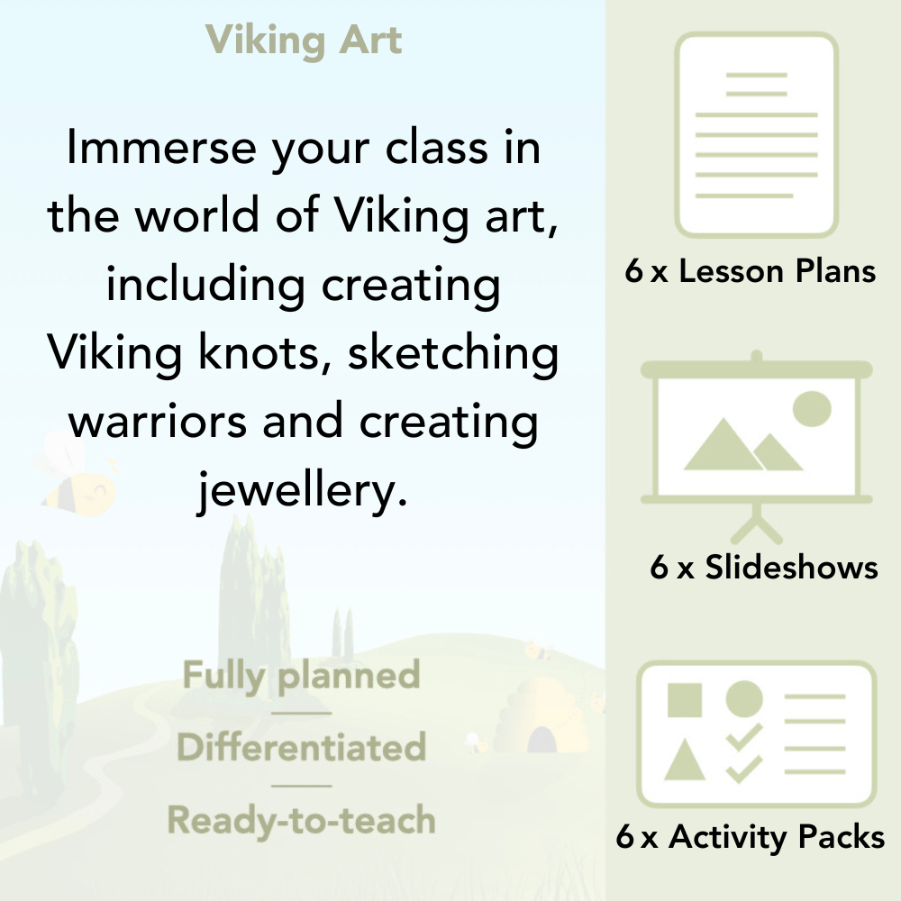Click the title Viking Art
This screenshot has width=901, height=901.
304,41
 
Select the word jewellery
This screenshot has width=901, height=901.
296,491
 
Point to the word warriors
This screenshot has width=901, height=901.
159,422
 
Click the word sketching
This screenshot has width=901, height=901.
453,353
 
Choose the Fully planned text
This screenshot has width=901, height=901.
301,676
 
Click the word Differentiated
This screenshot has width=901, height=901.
301,748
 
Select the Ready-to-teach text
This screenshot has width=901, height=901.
301,821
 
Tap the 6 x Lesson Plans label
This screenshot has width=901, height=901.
751,272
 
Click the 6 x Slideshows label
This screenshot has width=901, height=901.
763,568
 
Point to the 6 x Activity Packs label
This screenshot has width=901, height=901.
751,838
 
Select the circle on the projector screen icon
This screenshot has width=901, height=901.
811,408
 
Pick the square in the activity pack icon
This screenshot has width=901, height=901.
685,699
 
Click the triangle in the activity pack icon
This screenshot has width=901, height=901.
685,761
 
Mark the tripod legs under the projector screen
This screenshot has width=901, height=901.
757,521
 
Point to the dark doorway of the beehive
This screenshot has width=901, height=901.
542,740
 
